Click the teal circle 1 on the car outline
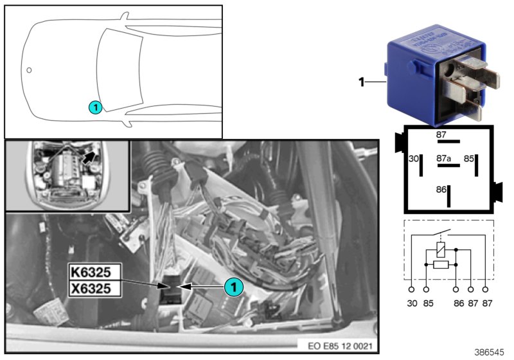point(94,107)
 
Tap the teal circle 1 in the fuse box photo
point(235,287)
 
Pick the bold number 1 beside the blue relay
point(361,82)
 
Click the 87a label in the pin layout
point(445,156)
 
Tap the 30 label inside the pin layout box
point(414,157)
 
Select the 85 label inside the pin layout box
point(469,157)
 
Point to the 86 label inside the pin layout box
point(442,190)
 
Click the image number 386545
point(490,352)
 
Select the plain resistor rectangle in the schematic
point(441,264)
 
